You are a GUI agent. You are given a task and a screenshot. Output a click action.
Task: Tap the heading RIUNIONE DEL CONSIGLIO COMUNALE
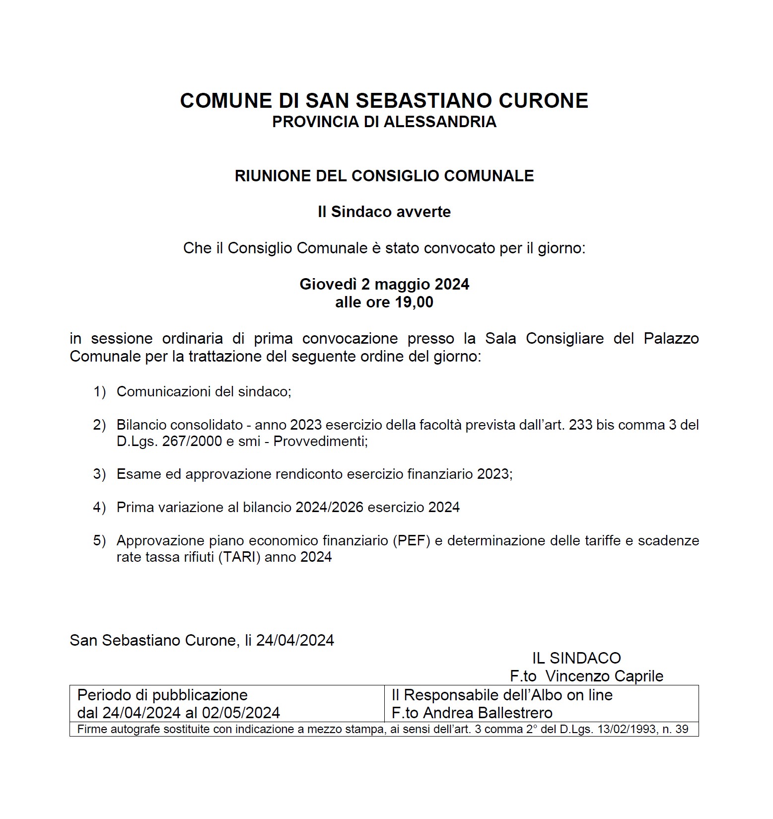click(384, 176)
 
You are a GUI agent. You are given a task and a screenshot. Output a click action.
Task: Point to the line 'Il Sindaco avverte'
click(384, 212)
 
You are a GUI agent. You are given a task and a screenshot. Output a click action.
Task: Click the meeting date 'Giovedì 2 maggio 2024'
click(384, 284)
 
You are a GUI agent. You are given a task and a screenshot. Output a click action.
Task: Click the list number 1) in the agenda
click(100, 392)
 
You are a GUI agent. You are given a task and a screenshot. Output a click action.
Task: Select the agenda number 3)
click(100, 474)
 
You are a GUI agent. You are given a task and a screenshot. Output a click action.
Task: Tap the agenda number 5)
click(100, 540)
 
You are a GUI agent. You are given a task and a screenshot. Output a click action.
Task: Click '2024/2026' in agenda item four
click(329, 508)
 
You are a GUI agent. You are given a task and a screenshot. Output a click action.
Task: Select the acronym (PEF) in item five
click(411, 540)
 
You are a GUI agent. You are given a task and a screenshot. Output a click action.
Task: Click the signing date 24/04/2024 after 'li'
click(295, 641)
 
